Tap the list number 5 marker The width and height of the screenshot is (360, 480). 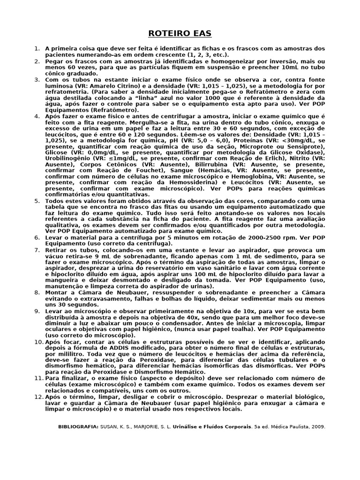pos(37,201)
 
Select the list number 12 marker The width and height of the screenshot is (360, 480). pos(37,397)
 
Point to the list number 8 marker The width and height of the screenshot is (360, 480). pos(37,292)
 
